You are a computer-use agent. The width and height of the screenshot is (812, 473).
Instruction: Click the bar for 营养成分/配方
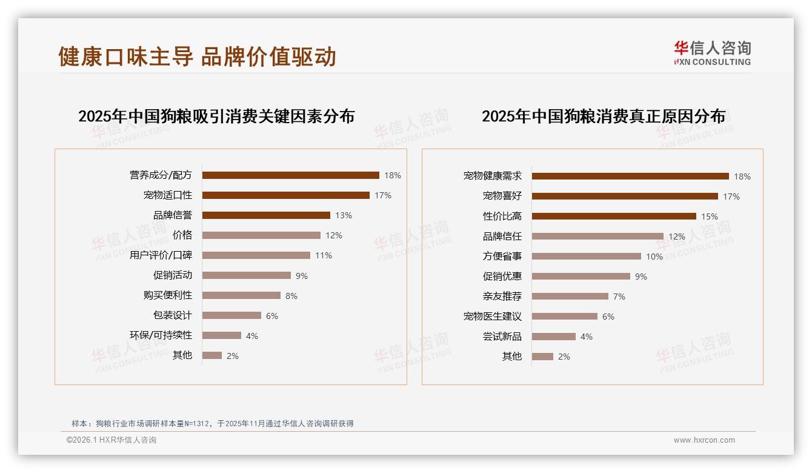(290, 175)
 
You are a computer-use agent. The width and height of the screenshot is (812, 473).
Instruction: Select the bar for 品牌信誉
(266, 215)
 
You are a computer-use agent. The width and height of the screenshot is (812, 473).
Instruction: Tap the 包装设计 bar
(231, 315)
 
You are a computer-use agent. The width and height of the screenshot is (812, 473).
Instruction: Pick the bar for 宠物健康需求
(630, 176)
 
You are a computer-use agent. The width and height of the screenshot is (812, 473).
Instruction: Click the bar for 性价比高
(614, 216)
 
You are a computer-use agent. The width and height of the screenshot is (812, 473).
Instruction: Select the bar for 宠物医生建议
(564, 317)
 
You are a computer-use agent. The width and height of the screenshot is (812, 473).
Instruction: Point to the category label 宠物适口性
(167, 195)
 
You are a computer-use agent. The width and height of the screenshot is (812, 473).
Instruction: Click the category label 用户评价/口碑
(161, 255)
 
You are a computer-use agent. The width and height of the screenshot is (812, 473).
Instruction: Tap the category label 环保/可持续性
(161, 335)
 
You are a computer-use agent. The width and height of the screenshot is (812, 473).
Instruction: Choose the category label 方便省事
(502, 257)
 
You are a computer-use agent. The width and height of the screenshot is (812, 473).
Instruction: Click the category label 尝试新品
(502, 337)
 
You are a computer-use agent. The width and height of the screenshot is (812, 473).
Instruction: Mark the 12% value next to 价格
(334, 235)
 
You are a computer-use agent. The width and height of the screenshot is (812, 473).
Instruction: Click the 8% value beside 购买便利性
(291, 296)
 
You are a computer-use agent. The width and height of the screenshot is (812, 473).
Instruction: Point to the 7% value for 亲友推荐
(619, 297)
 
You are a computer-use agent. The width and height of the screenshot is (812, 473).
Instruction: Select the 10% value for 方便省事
(654, 257)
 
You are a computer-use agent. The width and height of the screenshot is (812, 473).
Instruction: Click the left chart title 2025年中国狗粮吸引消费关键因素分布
(216, 116)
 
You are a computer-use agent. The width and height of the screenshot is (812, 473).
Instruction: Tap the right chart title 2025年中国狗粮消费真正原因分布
(603, 116)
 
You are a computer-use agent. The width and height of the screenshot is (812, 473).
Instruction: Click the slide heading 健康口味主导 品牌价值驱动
(197, 56)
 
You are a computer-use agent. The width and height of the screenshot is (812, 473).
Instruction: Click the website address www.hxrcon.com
(704, 440)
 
